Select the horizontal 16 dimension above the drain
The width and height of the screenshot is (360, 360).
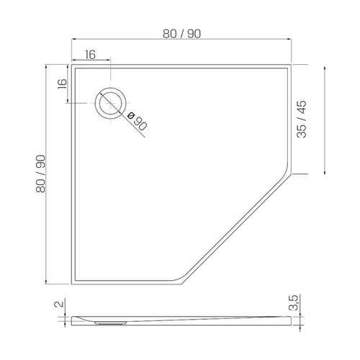[90, 55]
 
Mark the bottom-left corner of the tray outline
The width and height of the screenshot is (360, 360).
[71, 284]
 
